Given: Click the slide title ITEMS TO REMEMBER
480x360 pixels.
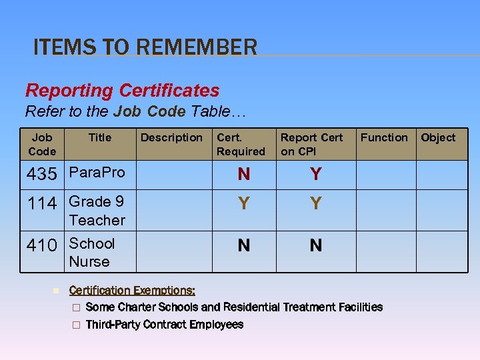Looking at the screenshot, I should (x=145, y=47).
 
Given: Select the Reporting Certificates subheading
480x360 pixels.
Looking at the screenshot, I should (x=122, y=90).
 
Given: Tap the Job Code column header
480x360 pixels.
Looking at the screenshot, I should (x=42, y=144).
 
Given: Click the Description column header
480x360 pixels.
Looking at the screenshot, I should (x=171, y=137).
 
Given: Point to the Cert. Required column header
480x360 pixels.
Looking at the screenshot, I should (x=241, y=144).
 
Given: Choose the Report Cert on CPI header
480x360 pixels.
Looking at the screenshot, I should (x=311, y=144).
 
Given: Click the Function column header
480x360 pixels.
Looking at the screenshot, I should (x=384, y=137).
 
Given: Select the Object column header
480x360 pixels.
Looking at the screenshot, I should (x=438, y=137).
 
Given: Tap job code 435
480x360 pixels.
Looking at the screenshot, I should (x=41, y=174).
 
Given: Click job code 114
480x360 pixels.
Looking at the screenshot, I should (x=41, y=203).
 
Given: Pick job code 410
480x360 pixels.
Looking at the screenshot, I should (x=41, y=245).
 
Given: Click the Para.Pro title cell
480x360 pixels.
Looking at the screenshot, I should (x=97, y=172).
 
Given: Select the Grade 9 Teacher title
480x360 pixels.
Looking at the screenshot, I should (x=97, y=210).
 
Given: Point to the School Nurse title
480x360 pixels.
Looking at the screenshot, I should (x=92, y=252).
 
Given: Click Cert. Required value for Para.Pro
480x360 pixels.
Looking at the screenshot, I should (x=244, y=175).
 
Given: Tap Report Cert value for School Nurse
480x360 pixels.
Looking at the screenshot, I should (x=316, y=245).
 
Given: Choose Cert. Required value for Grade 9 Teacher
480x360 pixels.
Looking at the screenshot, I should (x=244, y=203).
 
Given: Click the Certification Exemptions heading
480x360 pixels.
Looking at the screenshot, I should (x=132, y=290).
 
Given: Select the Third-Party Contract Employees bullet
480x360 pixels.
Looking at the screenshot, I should (x=165, y=325).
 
